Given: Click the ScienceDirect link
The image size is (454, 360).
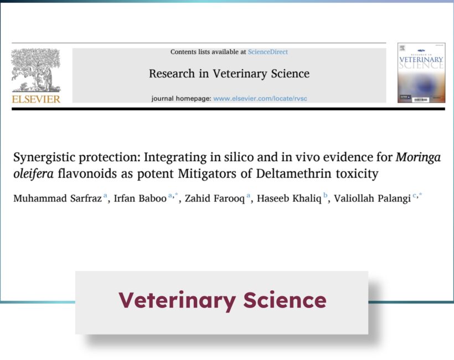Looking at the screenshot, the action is pos(268,52).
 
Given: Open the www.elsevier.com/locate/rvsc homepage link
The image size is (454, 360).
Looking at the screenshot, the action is pos(260,99).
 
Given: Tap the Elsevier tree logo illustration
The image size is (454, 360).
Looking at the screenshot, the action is pos(36,70).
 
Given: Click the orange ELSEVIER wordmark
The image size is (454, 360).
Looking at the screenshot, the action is pos(36,99).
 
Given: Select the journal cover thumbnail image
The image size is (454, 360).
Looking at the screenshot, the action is pos(421,73).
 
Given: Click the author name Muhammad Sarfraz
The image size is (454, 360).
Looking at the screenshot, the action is pos(58,198).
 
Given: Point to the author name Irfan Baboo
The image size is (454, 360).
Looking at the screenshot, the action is pos(140,198).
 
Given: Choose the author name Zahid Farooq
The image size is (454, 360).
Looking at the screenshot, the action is pos(215,198).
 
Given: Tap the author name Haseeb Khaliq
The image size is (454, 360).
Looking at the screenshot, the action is pos(289,198).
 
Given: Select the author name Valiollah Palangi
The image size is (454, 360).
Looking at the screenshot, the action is pos(373,198).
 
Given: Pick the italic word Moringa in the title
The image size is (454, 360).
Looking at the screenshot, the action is pos(418,157).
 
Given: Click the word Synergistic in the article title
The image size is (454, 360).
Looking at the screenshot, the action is pos(44,157).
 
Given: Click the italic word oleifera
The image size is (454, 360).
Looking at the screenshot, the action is pos(34,173).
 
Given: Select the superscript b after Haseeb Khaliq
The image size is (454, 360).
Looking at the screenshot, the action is pos(326,195).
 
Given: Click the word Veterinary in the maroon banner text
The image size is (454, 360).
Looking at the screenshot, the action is pos(177,300).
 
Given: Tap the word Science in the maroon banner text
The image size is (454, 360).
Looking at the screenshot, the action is pos(285,300).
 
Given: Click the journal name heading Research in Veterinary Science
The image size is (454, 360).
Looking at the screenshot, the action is pos(229,74).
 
